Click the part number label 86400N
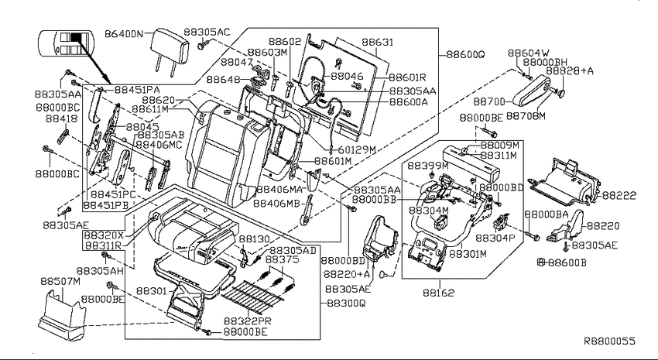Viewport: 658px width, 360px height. point(123,33)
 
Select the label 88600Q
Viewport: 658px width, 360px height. point(465,54)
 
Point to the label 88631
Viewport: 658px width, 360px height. point(378,43)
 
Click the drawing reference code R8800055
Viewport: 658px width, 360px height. point(610,341)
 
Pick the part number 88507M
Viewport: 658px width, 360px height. point(60,281)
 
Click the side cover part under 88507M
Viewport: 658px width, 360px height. point(62,315)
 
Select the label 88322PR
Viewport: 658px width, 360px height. point(247,321)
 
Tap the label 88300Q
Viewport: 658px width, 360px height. point(346,303)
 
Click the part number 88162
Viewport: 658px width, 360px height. point(438,293)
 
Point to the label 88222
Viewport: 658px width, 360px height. point(619,196)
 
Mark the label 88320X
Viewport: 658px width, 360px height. point(105,235)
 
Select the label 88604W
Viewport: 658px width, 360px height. point(528,53)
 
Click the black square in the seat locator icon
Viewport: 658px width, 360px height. point(76,37)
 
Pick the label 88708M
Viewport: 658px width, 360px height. point(526,116)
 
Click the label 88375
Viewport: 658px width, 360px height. point(283,259)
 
